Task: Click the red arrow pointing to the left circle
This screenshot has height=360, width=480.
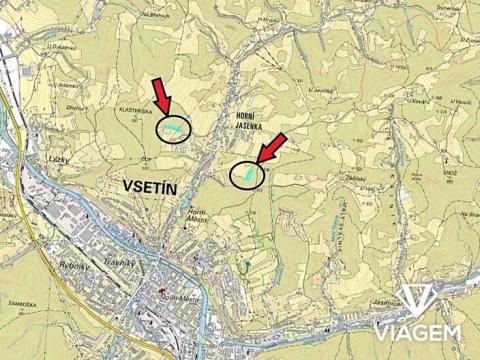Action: (x=163, y=98)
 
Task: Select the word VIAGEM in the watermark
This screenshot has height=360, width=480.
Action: (x=417, y=331)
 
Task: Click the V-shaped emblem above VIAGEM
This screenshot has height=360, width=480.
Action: (x=418, y=300)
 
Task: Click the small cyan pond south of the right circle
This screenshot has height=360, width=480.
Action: (x=243, y=268)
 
